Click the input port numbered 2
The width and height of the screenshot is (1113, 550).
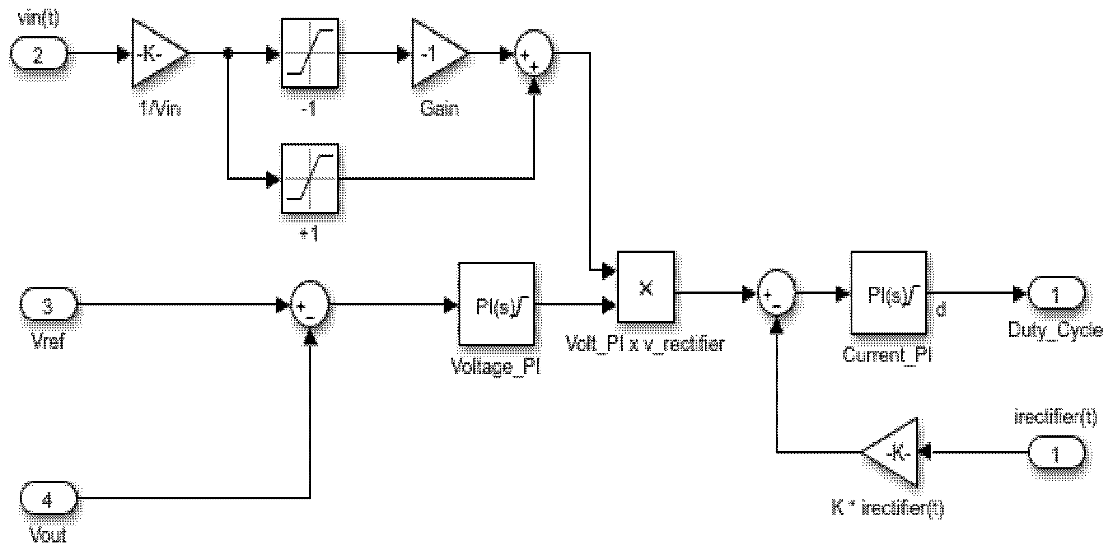(x=38, y=53)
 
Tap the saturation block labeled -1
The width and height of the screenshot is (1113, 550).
(x=310, y=53)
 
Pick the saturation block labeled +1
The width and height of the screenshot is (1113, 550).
(x=310, y=178)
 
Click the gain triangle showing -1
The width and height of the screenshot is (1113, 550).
(x=436, y=53)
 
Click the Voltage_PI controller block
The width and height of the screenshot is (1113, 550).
(x=496, y=304)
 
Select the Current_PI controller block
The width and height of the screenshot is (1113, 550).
(x=888, y=293)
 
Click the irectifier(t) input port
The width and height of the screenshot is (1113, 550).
(x=1056, y=452)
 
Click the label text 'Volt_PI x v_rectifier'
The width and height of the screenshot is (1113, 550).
(x=645, y=344)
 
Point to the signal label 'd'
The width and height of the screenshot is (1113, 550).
(x=941, y=310)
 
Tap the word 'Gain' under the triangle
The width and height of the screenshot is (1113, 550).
(x=439, y=108)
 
